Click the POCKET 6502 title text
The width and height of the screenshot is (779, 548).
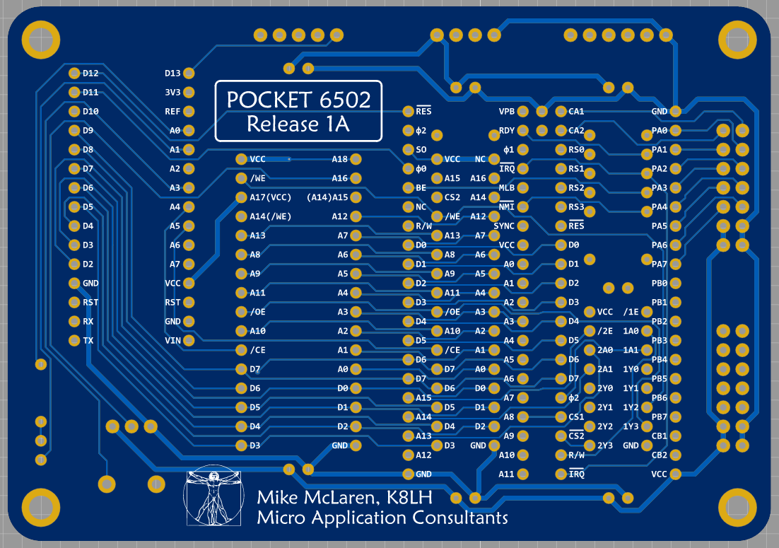pyautogui.click(x=298, y=100)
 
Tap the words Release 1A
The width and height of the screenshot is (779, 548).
pyautogui.click(x=298, y=124)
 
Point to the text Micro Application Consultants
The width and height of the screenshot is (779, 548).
pyautogui.click(x=382, y=518)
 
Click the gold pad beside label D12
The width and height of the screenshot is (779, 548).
pyautogui.click(x=74, y=73)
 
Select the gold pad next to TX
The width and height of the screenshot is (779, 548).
pyautogui.click(x=74, y=341)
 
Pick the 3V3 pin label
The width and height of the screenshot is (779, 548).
pyautogui.click(x=172, y=93)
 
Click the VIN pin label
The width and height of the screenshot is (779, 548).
pyautogui.click(x=172, y=341)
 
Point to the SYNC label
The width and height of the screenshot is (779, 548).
pyautogui.click(x=504, y=226)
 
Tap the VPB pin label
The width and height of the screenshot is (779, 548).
pyautogui.click(x=507, y=112)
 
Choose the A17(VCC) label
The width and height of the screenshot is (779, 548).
pyautogui.click(x=271, y=197)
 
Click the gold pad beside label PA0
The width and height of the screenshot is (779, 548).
pyautogui.click(x=676, y=131)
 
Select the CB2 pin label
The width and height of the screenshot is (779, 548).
pyautogui.click(x=659, y=455)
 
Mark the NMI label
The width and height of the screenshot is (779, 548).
pyautogui.click(x=506, y=207)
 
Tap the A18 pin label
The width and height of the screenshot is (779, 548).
pyautogui.click(x=340, y=160)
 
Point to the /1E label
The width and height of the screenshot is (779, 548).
pyautogui.click(x=631, y=312)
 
